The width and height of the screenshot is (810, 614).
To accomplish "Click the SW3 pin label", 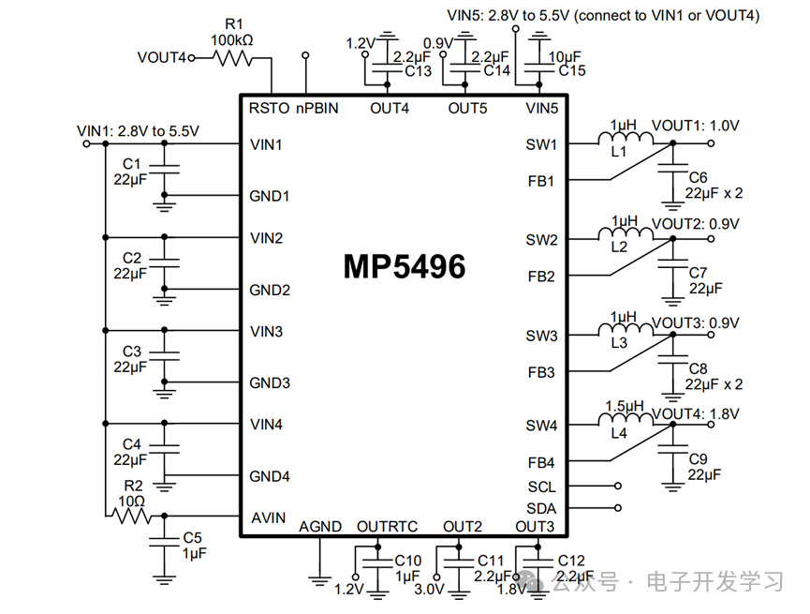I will (x=541, y=336).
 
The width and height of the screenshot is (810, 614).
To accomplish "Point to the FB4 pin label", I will (x=541, y=463).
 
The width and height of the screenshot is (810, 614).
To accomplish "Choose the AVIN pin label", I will (x=268, y=518).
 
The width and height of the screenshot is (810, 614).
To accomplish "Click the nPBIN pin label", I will (x=317, y=108).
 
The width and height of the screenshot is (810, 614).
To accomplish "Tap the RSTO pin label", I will (x=270, y=108).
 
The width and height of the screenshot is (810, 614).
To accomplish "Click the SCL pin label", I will (x=541, y=487).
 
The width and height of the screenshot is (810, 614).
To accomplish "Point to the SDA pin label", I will (x=541, y=508).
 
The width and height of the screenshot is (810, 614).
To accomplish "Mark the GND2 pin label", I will (x=270, y=290).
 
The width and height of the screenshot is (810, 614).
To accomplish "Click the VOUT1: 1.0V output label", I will (x=695, y=125).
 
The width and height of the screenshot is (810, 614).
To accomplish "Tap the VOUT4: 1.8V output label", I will (x=695, y=413).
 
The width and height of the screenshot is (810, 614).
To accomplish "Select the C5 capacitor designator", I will (x=192, y=537).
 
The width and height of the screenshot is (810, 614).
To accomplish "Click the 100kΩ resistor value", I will (x=232, y=40).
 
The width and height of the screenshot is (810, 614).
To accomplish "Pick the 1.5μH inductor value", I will (x=625, y=406).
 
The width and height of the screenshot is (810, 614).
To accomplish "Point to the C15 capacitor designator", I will (x=572, y=70).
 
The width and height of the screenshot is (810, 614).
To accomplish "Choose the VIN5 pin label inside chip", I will (x=541, y=108).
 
